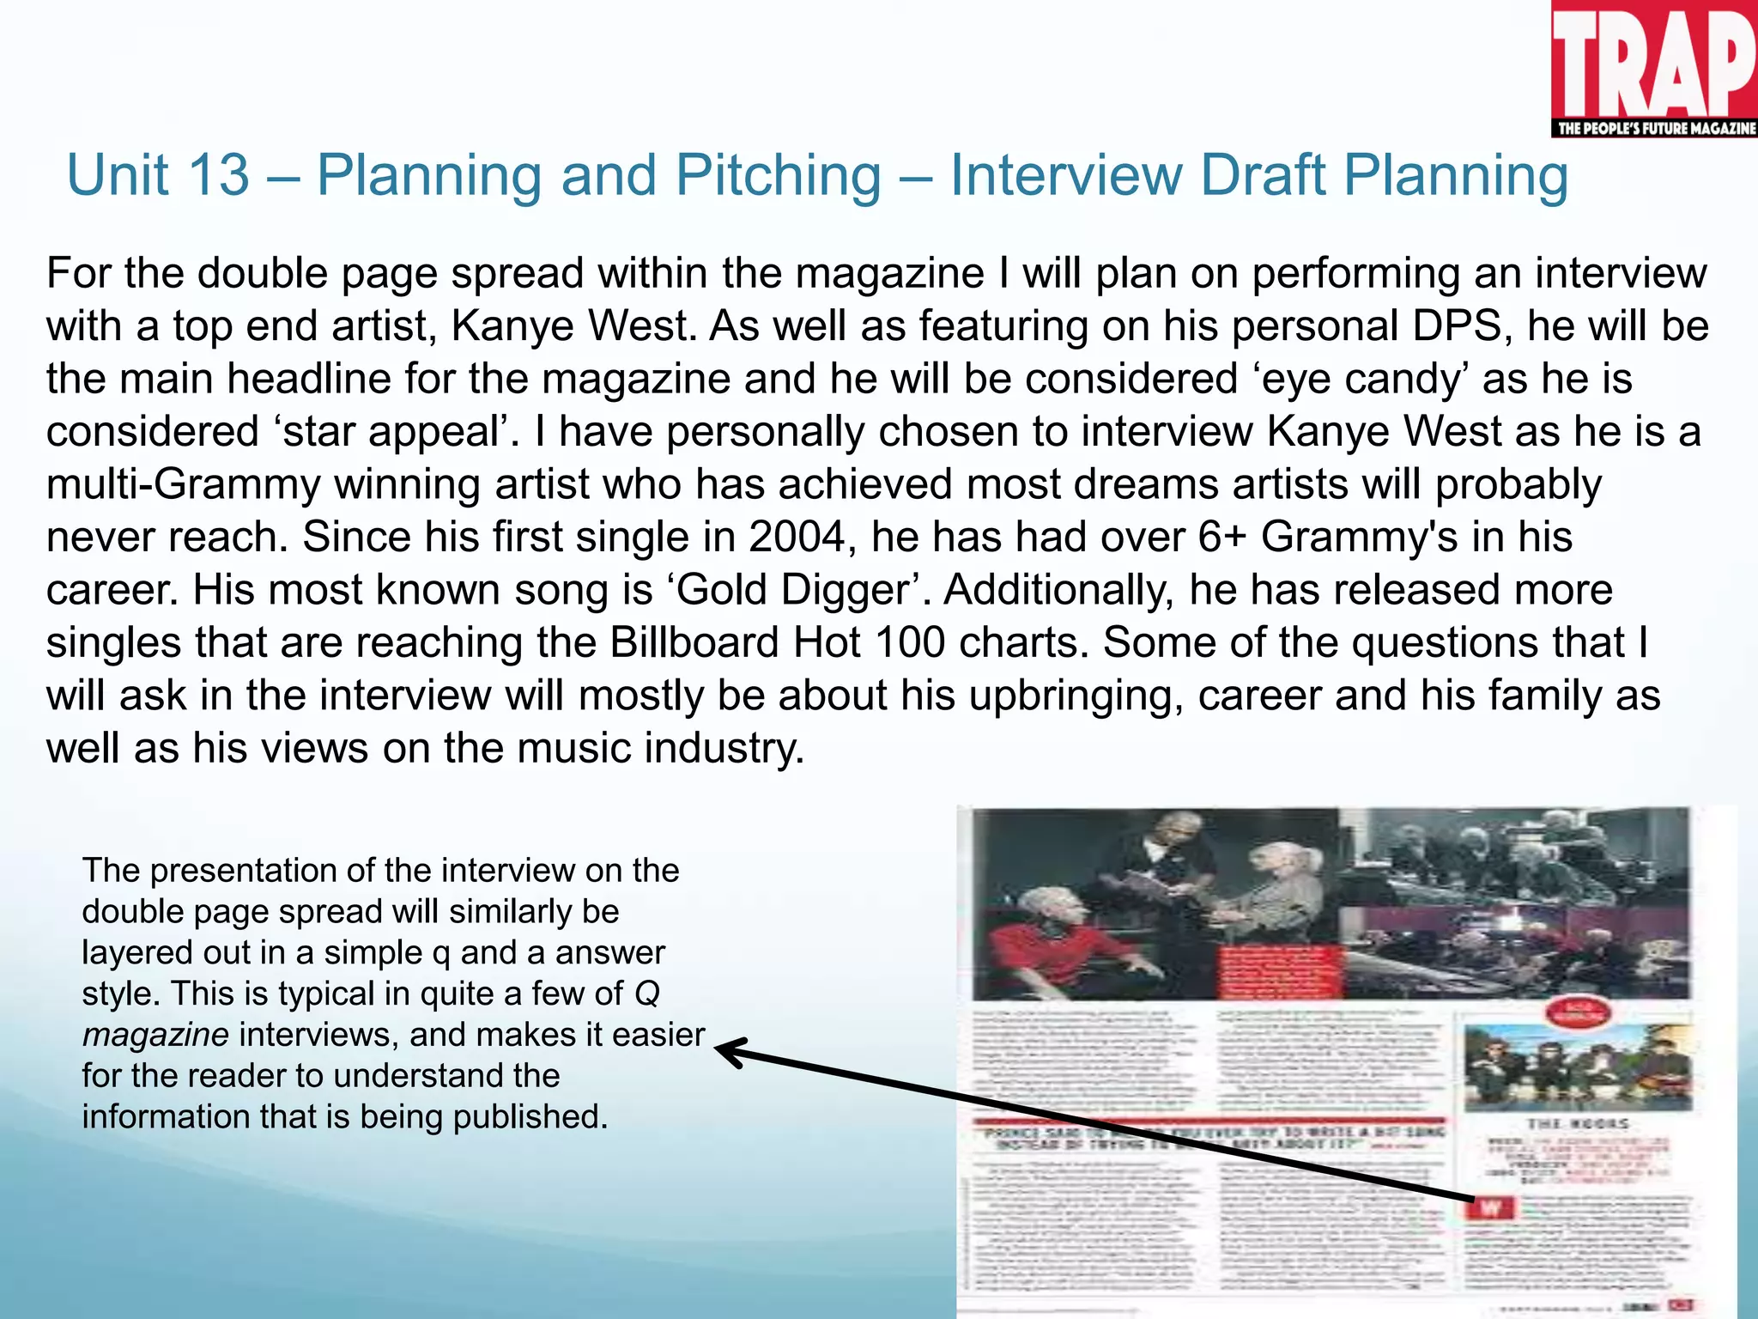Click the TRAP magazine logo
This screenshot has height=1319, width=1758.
coord(1653,60)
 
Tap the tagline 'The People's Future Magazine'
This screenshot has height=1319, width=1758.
coord(1655,129)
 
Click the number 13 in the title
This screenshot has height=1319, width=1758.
coord(218,176)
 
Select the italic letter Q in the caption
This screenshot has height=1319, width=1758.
coord(646,994)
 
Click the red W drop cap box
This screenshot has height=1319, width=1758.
coord(1488,1207)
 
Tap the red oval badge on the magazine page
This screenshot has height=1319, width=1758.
coord(1576,1013)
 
